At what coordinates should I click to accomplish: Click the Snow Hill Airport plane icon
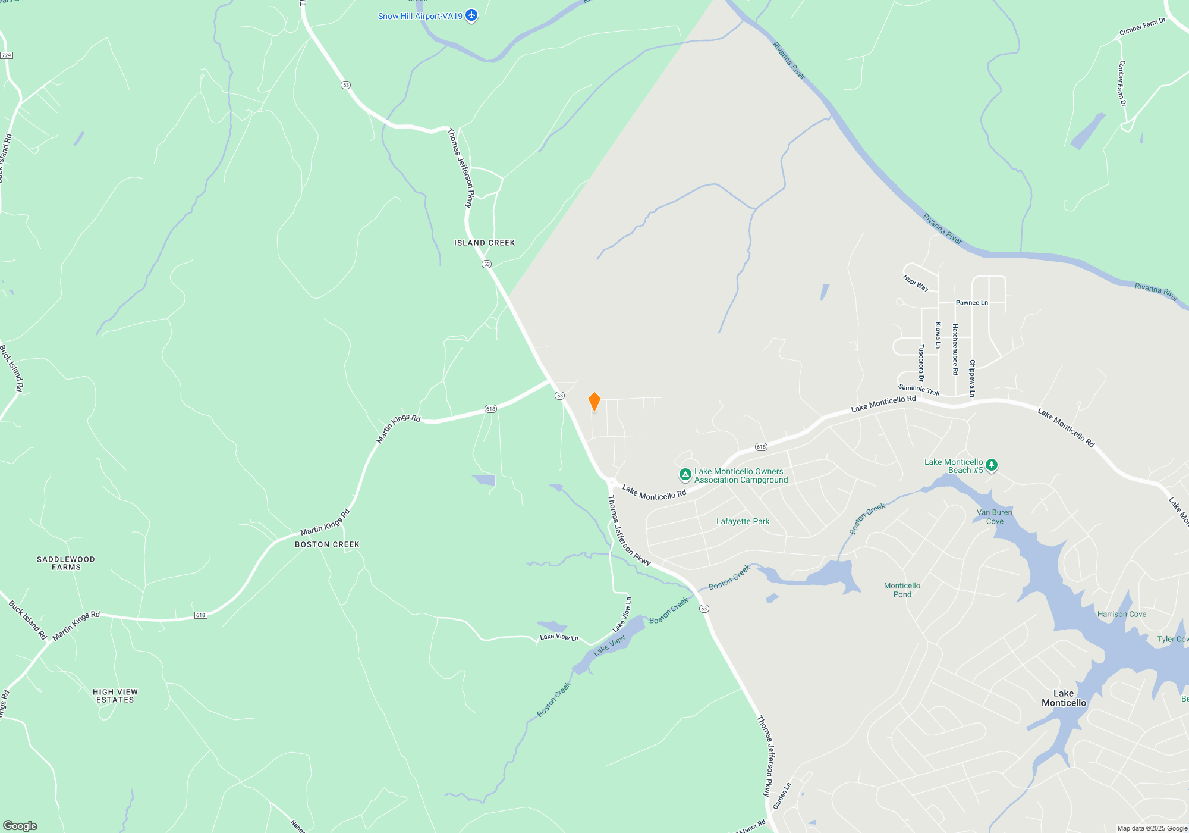471,15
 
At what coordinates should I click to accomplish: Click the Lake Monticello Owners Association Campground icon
685,475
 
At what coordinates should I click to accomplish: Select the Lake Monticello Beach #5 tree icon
991,465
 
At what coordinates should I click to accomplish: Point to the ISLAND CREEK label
485,243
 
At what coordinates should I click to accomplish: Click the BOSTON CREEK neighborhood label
327,544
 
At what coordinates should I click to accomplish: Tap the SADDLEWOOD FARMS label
66,563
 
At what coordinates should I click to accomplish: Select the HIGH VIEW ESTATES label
115,696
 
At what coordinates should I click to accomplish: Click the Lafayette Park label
743,521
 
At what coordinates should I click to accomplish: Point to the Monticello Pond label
902,590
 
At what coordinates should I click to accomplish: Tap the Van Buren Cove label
994,516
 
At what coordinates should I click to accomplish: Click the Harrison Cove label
1121,614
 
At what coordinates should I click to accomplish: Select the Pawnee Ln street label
971,303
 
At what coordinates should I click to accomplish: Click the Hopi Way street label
916,283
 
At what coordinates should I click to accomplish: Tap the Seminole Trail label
919,390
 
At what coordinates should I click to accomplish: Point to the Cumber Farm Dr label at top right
1142,27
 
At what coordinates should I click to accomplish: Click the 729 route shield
7,55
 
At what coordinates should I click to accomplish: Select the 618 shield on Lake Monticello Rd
761,447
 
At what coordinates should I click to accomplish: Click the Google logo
20,825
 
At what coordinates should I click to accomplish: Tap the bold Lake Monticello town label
1064,698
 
